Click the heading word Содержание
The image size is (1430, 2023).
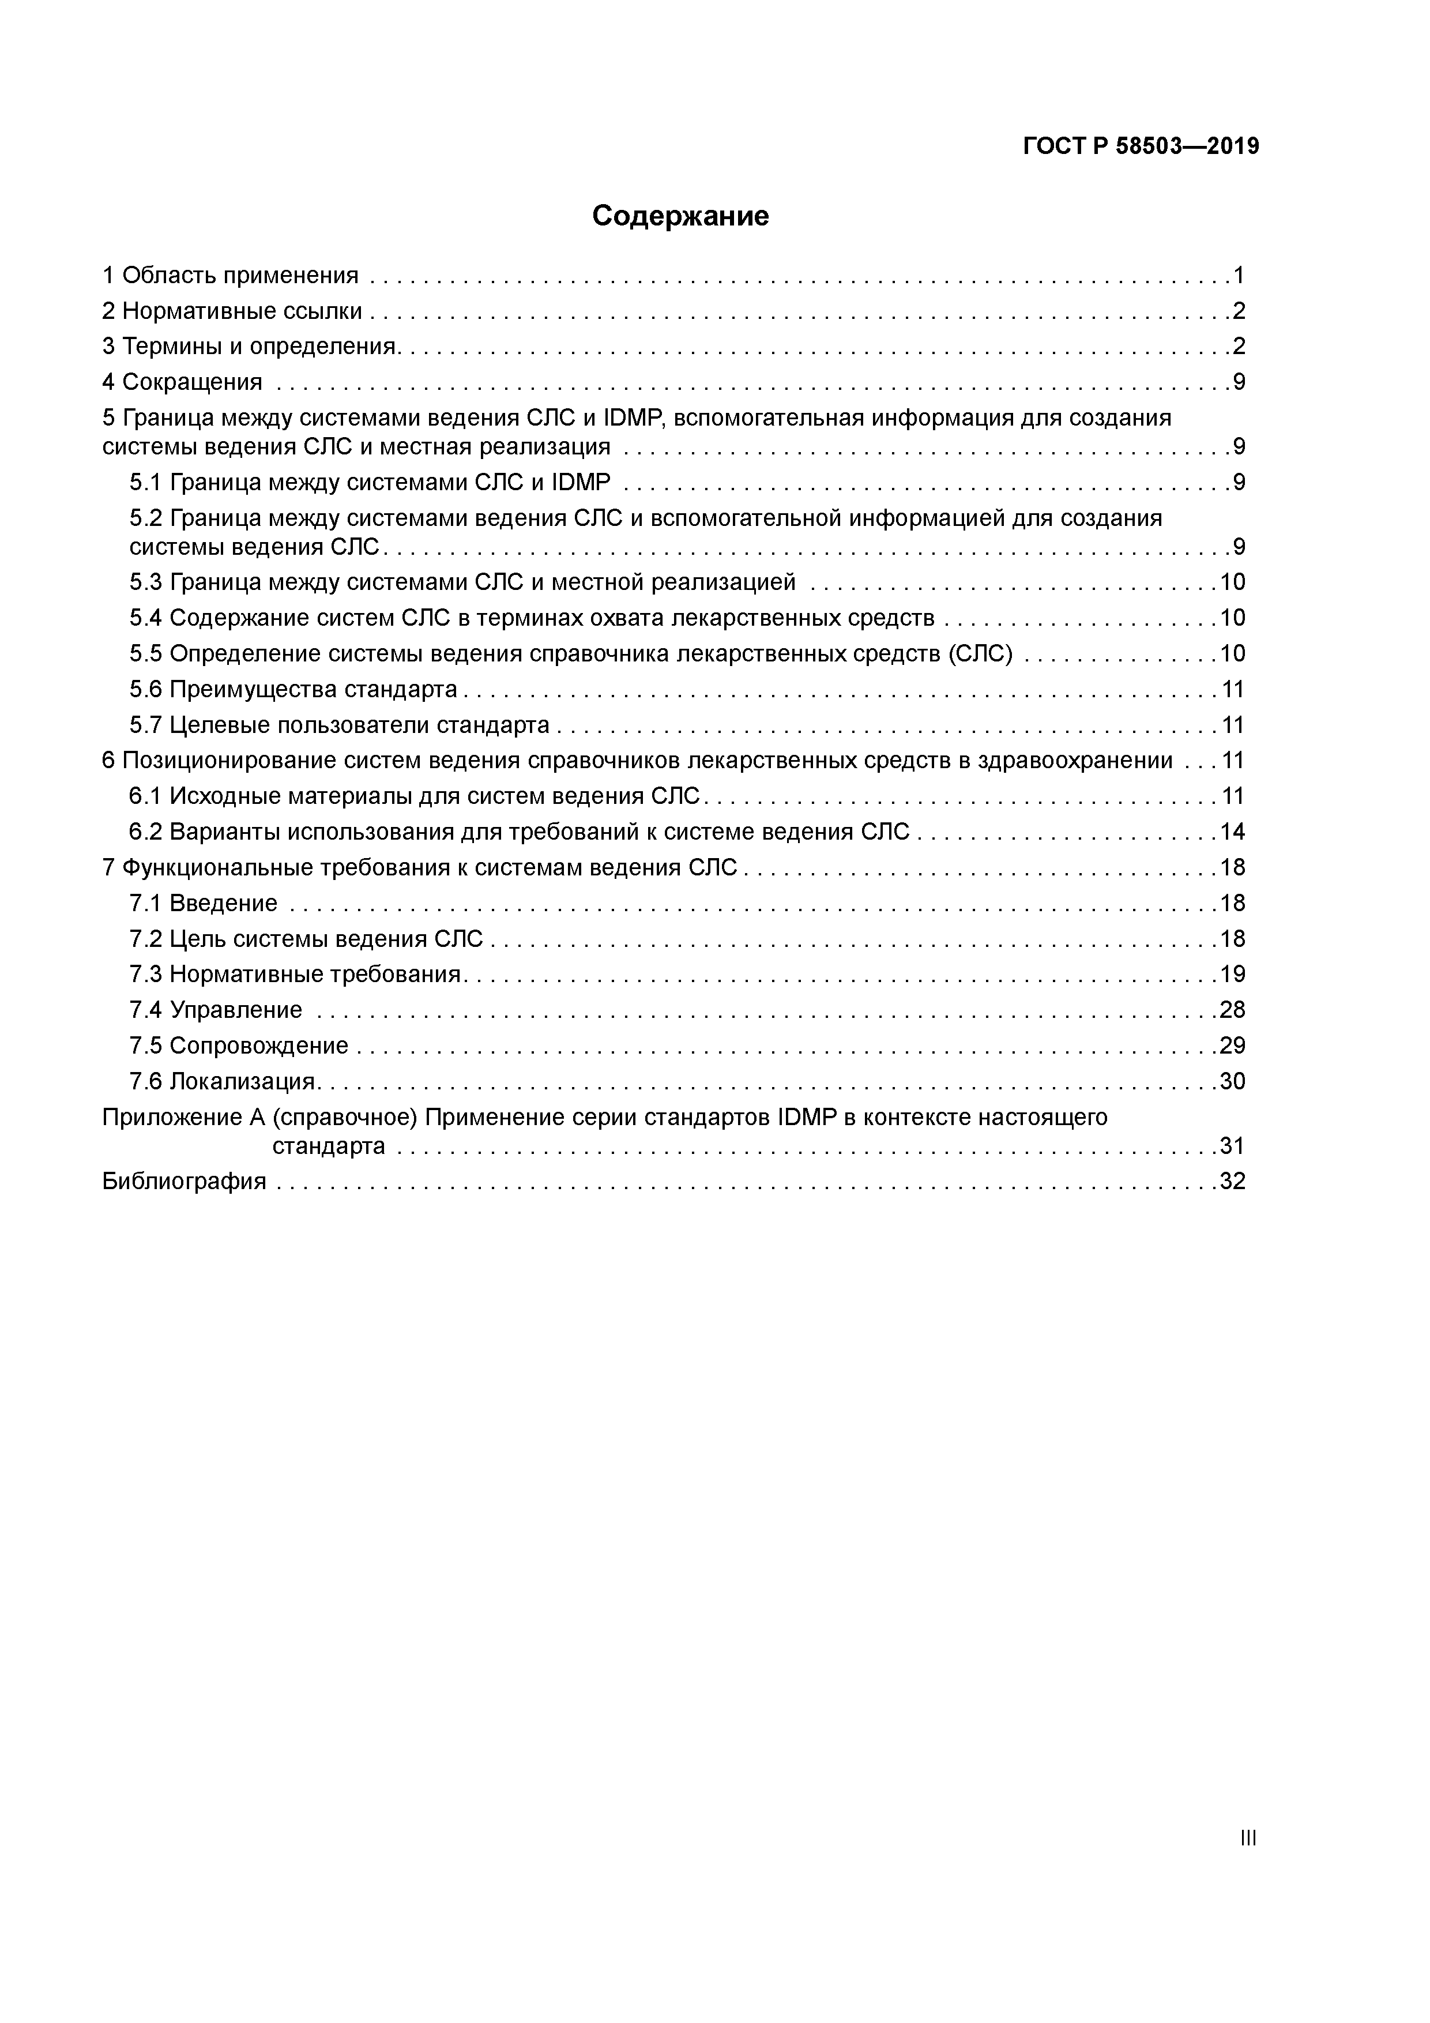point(680,216)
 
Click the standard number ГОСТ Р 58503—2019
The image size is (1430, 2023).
point(1141,146)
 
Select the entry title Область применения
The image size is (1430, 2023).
point(240,276)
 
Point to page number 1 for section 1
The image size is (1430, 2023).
point(1239,276)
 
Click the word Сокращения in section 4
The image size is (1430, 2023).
point(192,382)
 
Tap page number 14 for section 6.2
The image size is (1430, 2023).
point(1232,832)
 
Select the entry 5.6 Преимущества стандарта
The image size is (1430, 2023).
point(293,689)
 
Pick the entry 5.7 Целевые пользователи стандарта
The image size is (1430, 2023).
point(339,725)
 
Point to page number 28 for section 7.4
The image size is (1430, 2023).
point(1232,1010)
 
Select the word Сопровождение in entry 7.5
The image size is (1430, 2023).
point(259,1046)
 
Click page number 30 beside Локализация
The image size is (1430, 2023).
point(1232,1081)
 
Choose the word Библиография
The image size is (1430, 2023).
point(184,1182)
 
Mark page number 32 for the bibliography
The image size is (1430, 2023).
point(1232,1182)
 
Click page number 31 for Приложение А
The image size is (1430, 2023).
point(1232,1146)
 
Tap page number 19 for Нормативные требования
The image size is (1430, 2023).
point(1232,975)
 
